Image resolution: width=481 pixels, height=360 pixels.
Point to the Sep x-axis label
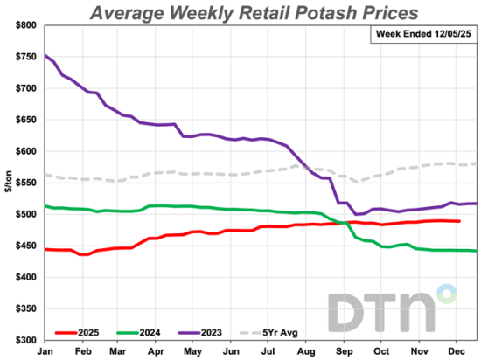pos(345,350)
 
